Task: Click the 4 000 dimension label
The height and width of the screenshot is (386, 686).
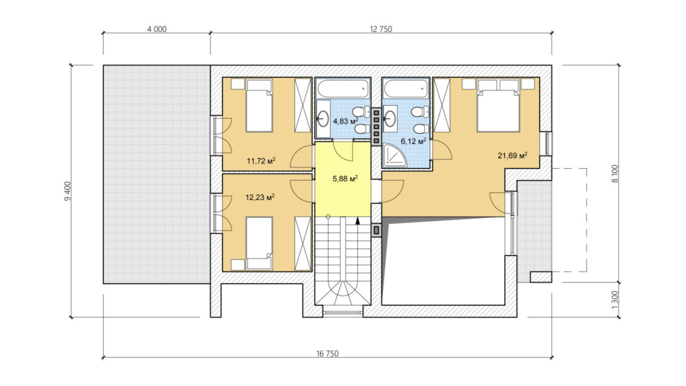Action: tap(157, 29)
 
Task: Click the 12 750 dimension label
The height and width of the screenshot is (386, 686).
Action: tap(381, 29)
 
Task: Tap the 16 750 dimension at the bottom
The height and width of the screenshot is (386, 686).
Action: tap(328, 354)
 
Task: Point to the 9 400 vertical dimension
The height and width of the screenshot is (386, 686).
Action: tap(67, 191)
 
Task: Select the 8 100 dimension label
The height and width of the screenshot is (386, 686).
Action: tap(615, 174)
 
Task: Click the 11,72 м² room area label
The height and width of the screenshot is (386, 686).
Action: tap(261, 161)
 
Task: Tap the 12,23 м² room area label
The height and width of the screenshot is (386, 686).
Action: tap(260, 197)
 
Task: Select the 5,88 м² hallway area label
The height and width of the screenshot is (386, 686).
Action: tap(345, 178)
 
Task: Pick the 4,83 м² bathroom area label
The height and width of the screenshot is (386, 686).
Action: tap(345, 121)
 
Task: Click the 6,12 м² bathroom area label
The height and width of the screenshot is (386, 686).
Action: tap(414, 141)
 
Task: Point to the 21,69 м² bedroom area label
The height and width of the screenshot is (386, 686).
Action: tap(512, 156)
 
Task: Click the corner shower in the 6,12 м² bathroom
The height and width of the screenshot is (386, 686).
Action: tap(395, 156)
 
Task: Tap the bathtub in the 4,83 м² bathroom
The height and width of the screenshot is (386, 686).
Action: tap(343, 89)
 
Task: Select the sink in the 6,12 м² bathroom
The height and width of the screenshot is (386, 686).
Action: tap(390, 117)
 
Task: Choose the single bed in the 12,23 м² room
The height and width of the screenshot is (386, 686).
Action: tap(259, 244)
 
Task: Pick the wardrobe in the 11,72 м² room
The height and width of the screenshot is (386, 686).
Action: tap(302, 106)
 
